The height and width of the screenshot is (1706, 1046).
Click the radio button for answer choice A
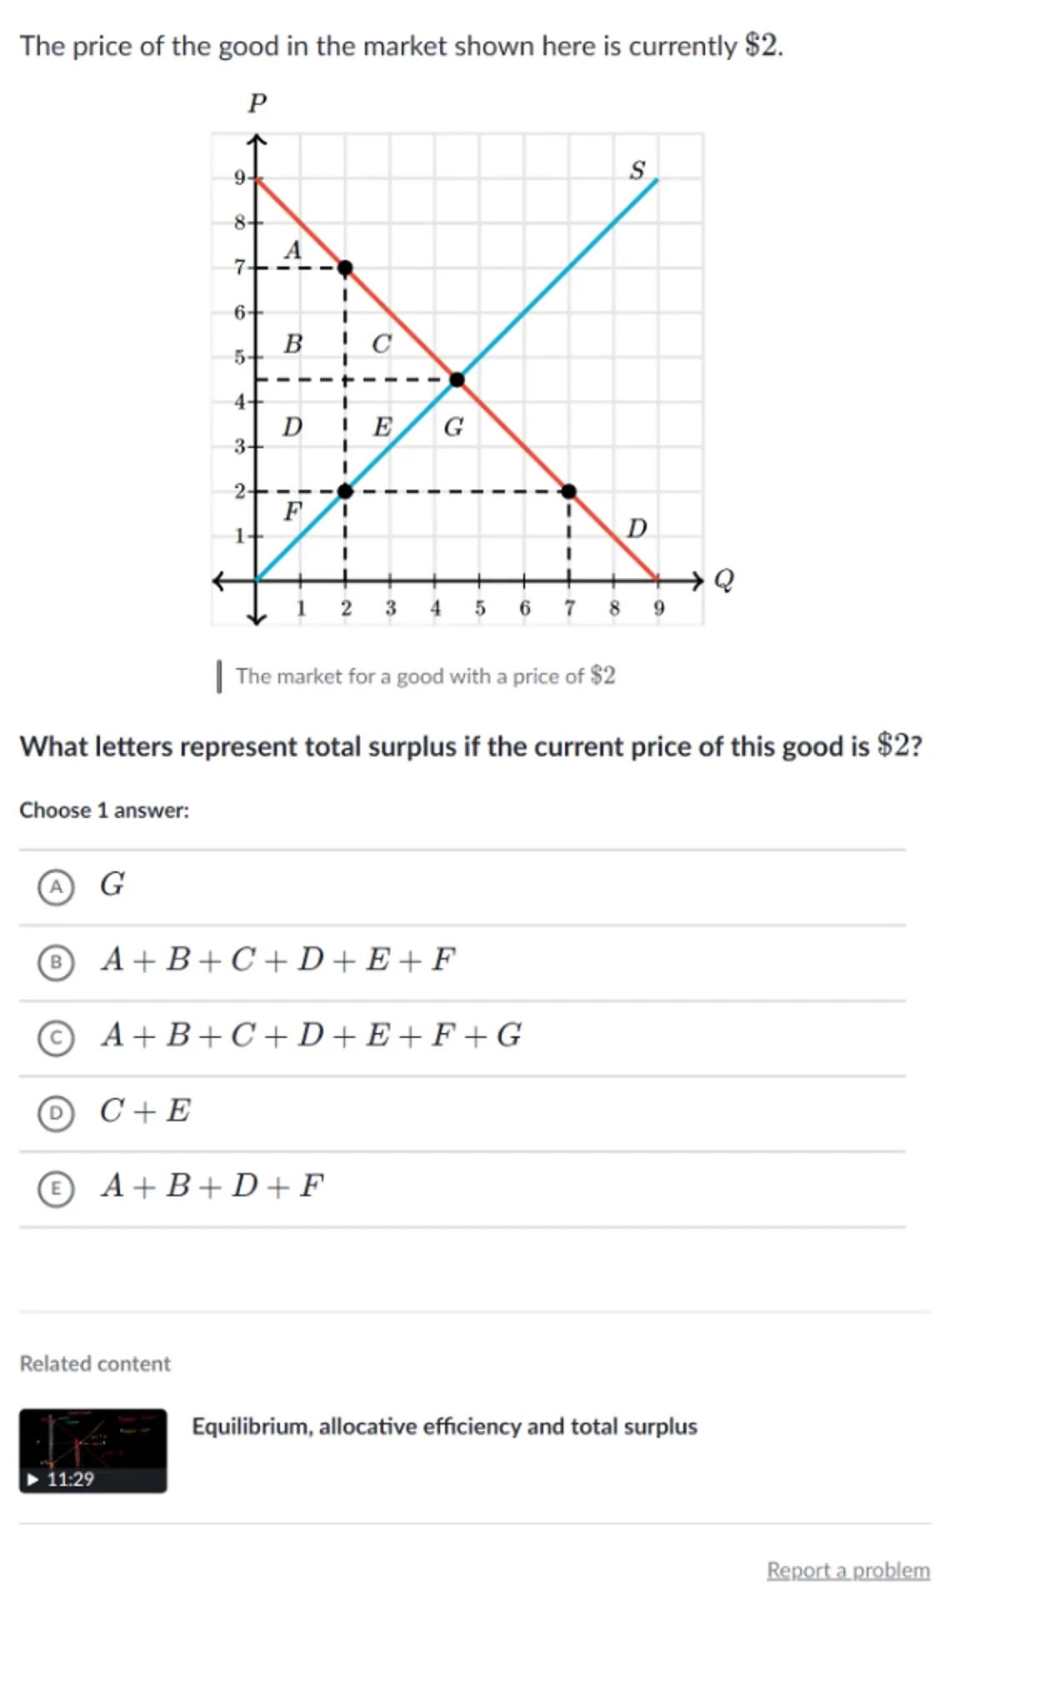tap(56, 886)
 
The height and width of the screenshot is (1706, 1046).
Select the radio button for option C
tap(56, 1037)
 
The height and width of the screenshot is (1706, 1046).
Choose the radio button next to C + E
tap(56, 1112)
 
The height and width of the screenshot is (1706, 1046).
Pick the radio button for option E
tap(56, 1188)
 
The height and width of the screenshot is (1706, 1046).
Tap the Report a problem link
tap(848, 1569)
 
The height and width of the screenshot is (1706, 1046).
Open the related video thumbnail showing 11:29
tap(93, 1450)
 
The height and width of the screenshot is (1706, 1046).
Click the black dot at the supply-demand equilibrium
tap(457, 380)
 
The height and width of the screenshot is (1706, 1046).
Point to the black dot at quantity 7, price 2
tap(568, 491)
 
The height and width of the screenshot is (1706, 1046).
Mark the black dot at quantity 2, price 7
tap(345, 267)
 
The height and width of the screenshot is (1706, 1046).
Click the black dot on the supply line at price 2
tap(345, 491)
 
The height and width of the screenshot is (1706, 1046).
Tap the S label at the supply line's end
tap(637, 170)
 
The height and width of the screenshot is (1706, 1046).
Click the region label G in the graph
tap(453, 427)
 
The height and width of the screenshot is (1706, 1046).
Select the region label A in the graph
tap(293, 250)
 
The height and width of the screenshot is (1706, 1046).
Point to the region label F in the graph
tap(292, 511)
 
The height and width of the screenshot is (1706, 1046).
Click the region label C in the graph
tap(381, 344)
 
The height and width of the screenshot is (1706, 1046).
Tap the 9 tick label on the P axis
tap(239, 177)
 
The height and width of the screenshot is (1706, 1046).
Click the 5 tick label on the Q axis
tap(480, 608)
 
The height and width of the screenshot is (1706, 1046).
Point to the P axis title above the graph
tap(257, 103)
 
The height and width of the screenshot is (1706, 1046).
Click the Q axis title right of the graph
tap(724, 579)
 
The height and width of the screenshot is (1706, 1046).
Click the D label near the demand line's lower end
tap(637, 528)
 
